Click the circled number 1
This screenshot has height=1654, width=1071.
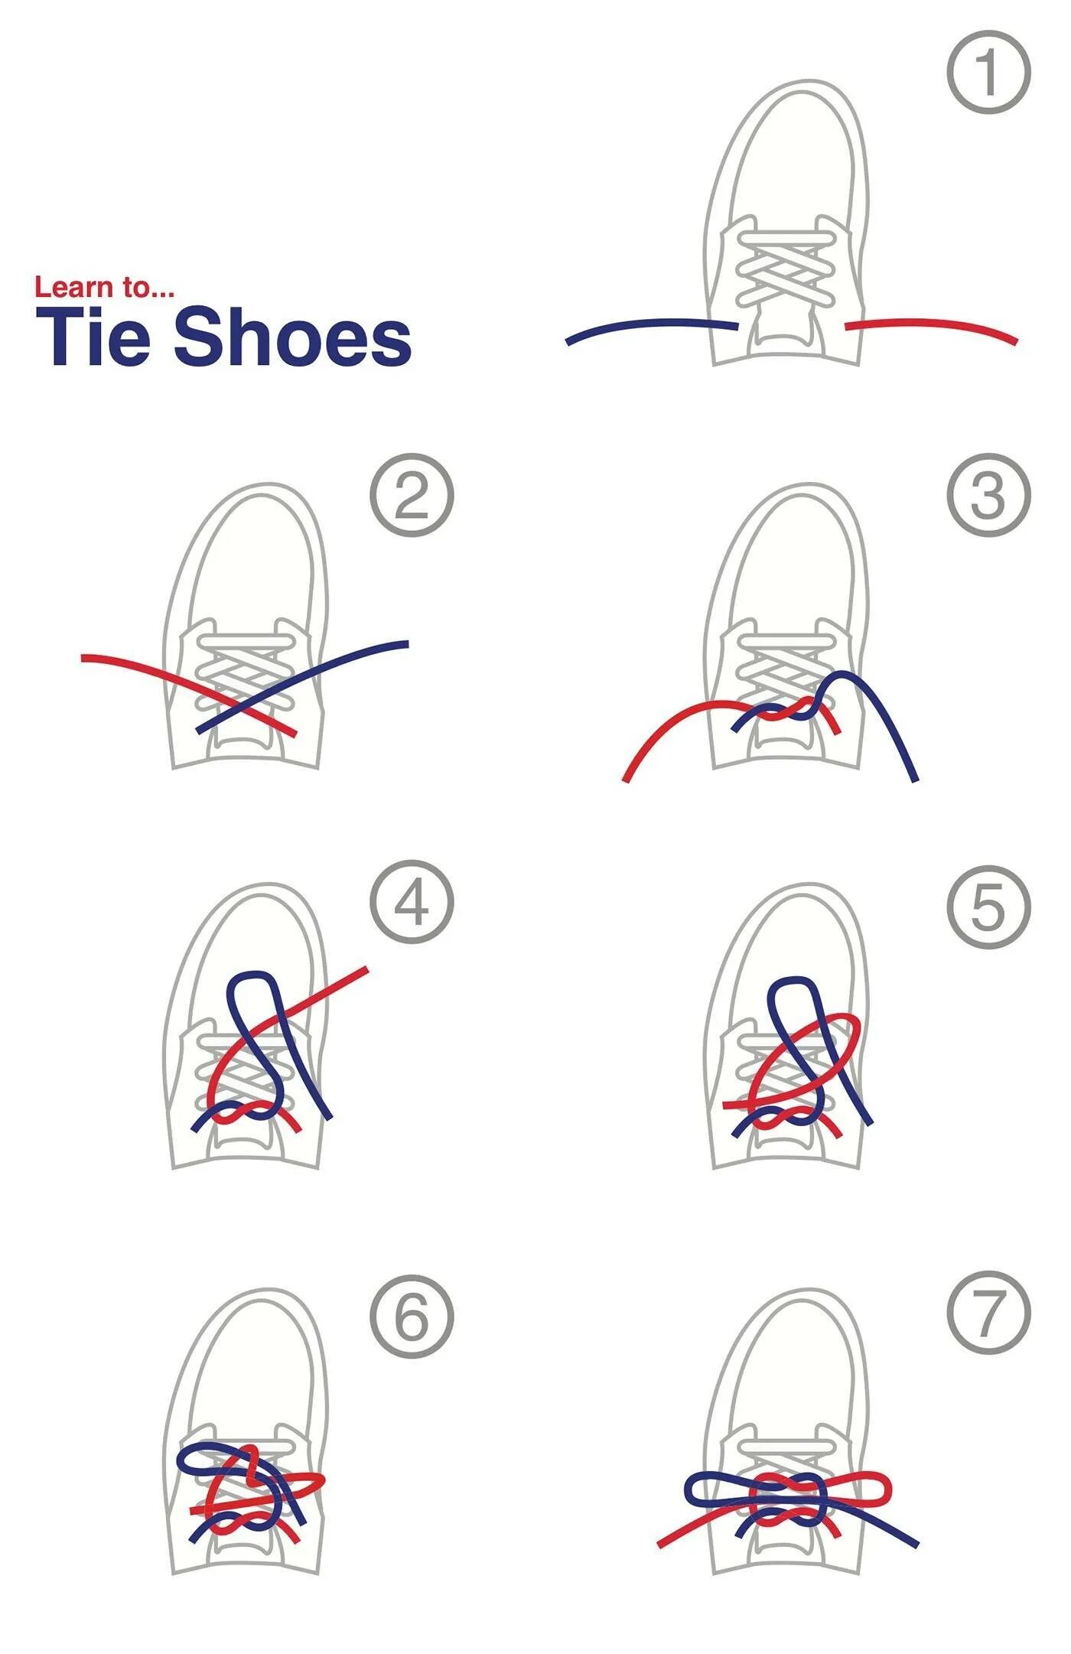989,73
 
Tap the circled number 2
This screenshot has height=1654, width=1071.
412,496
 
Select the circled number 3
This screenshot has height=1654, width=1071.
989,496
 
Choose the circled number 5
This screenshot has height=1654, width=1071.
989,907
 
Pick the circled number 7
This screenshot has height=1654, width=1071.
989,1313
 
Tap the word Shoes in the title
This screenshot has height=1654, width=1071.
293,337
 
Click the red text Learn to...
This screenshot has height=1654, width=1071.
104,288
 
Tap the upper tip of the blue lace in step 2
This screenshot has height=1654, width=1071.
405,644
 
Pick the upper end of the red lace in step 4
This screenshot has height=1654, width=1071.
364,972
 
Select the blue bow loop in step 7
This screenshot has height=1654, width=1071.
715,1489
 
